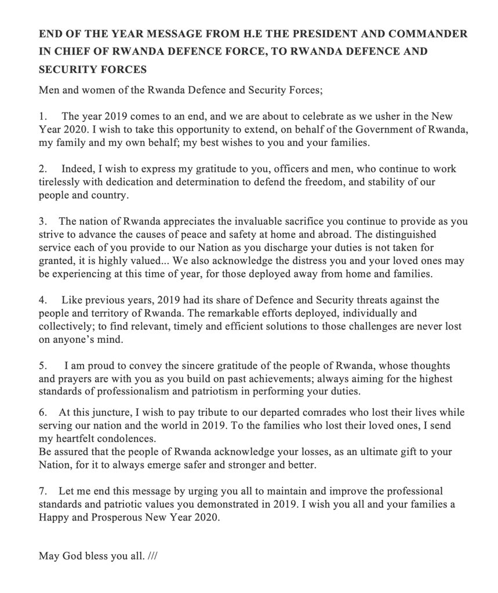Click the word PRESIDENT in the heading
[x=325, y=34]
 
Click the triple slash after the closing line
[x=152, y=557]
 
